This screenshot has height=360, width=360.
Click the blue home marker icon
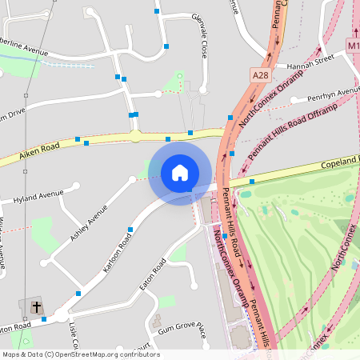[x=180, y=172]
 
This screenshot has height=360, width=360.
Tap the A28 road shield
[x=260, y=74]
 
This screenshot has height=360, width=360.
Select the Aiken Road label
[x=39, y=150]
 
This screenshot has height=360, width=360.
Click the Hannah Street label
[x=313, y=59]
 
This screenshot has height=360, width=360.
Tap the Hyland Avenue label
[x=38, y=194]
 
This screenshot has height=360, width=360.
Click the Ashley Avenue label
[x=88, y=225]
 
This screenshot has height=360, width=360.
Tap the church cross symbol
[x=36, y=306]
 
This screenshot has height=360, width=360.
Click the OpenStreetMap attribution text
[x=80, y=354]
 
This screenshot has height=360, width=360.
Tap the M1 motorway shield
[x=354, y=46]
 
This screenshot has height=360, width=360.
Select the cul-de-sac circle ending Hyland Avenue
[x=76, y=187]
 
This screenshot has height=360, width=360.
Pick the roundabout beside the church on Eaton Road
[x=62, y=316]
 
